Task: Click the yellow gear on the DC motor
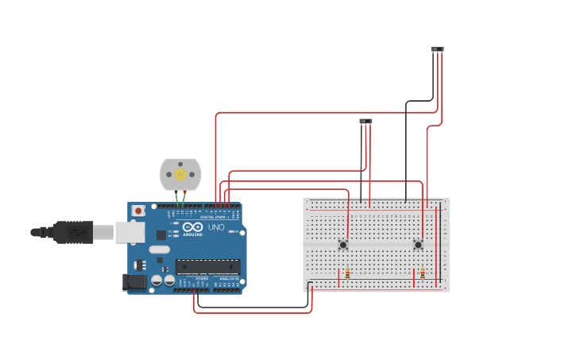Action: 180,174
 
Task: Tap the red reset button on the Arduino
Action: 138,211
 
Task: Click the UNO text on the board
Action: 216,227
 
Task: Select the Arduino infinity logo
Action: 192,227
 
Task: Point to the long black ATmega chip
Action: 207,266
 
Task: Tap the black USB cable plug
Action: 75,232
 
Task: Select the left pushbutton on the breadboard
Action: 343,245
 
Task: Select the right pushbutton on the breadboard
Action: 418,245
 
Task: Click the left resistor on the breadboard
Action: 347,273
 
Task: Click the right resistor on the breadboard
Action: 423,273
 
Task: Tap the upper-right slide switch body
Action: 438,49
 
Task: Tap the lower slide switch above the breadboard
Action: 365,122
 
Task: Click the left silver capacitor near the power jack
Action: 157,281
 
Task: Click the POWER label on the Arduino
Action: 202,279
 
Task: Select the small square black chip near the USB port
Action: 161,234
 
